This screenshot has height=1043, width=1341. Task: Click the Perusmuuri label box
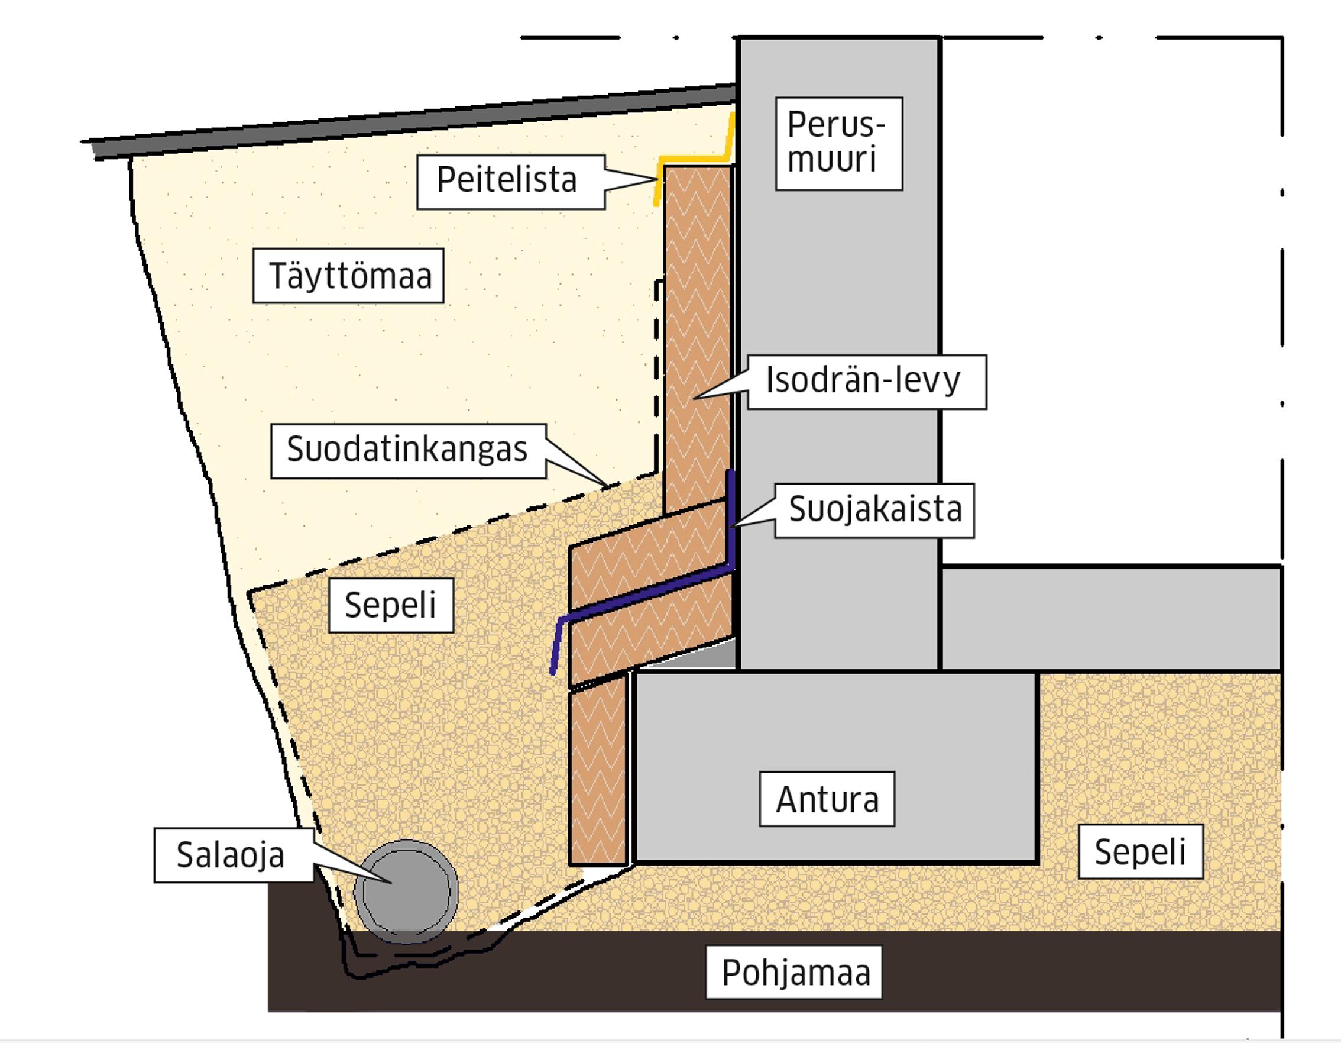[x=839, y=144]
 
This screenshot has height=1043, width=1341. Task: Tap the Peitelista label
[x=507, y=181]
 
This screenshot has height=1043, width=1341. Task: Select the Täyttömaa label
[x=349, y=276]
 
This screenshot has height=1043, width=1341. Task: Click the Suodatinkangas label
[x=408, y=450]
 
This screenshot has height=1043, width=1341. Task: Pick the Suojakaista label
[x=874, y=510]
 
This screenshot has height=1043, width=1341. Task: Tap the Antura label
[x=827, y=799]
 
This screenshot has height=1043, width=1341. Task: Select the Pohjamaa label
[x=794, y=973]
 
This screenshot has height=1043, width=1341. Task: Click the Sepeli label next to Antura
[x=1140, y=852]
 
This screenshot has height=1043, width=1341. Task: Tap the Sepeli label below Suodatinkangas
[x=390, y=606]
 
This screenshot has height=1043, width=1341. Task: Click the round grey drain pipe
[x=406, y=892]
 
